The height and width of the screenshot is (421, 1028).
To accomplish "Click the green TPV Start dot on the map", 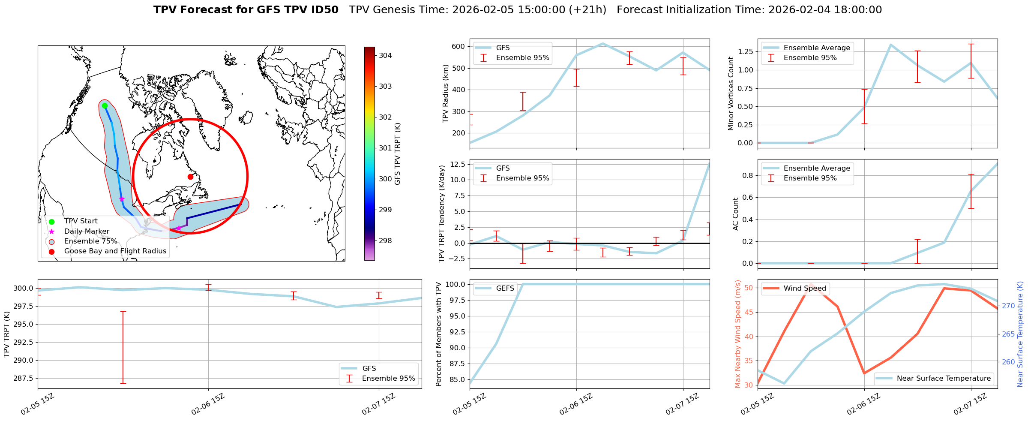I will pos(105,105).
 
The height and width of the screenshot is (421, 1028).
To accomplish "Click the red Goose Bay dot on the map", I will pos(190,177).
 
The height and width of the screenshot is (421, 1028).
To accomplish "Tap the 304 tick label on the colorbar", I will pos(385,55).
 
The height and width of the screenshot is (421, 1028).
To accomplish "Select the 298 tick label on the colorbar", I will pos(385,241).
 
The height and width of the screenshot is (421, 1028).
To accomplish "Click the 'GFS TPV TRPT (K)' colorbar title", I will pos(398,154).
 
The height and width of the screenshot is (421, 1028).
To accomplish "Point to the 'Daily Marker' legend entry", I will pos(87,231).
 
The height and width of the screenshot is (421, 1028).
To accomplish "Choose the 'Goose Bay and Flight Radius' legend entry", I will pos(115,251).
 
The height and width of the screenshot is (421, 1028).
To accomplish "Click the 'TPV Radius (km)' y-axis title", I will pos(446,93).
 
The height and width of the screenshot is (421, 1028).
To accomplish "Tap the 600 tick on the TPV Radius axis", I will pos(459,46).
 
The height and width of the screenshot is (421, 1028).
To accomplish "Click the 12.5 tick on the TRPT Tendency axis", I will pos(458,164).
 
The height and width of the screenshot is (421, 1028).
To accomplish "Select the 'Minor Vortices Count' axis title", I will pos(731,93).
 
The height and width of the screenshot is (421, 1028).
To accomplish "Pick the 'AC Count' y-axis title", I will pos(736,214).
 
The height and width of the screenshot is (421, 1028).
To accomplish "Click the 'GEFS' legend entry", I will pos(505,288).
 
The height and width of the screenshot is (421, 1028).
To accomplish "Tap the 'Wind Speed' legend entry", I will pos(804,288).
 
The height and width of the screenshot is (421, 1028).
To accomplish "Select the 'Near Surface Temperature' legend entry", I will pos(944,378).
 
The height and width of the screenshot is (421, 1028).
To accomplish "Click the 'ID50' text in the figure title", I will pos(324,10).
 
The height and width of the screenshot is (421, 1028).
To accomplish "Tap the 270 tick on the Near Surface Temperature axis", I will pos(1008,306).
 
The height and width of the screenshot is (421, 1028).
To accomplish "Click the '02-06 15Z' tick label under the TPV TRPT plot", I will pos(208,404).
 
